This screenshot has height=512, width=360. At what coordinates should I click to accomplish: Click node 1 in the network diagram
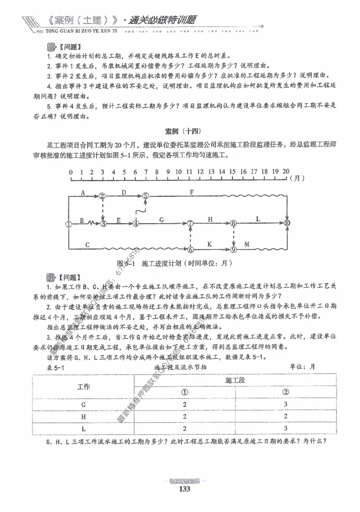point(68,223)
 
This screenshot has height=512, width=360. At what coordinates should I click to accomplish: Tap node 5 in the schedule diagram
point(145,196)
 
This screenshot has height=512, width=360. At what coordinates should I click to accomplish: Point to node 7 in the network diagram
point(190,223)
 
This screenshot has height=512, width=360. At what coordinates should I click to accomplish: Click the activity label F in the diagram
point(192,192)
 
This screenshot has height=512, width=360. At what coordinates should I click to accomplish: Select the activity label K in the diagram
point(210,244)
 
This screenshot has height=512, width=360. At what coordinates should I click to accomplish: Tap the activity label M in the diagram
point(247,244)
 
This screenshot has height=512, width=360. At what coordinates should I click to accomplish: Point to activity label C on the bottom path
point(87,244)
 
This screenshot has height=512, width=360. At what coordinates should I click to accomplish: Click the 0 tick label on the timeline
point(70,172)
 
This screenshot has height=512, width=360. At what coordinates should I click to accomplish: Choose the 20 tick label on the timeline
point(286,172)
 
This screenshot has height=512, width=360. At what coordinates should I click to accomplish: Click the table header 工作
point(84,387)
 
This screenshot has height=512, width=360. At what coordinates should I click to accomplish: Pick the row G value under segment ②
point(285,404)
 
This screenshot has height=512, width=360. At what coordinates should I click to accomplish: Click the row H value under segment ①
point(184,417)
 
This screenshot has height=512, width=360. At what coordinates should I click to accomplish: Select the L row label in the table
point(84,428)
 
